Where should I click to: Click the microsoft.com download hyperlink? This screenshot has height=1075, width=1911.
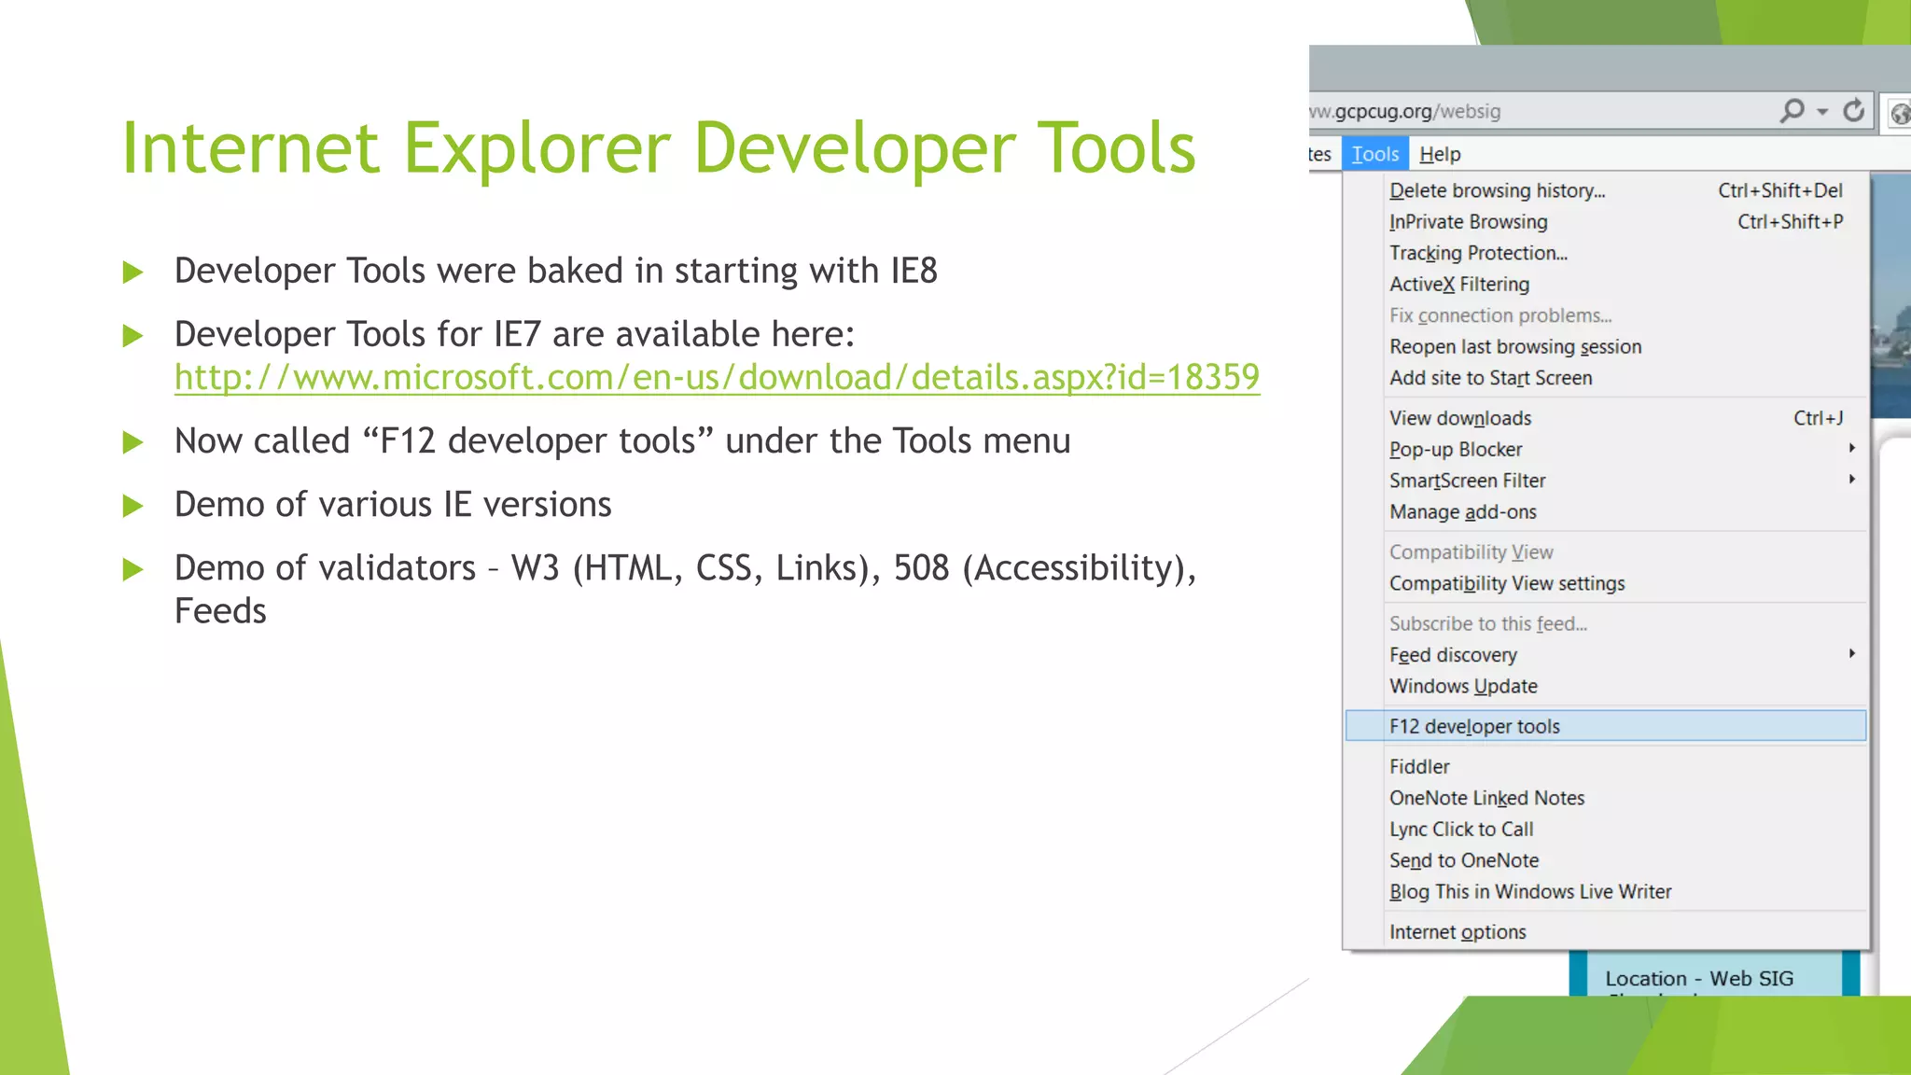pos(717,378)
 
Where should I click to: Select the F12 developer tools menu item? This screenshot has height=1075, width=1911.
pos(1474,726)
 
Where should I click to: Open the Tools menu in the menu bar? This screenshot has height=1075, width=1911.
pos(1374,154)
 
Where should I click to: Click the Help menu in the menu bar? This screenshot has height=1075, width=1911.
pos(1440,154)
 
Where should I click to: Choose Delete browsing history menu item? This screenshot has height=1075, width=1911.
pos(1497,190)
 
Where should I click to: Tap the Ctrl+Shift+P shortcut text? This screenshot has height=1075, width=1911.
pos(1790,222)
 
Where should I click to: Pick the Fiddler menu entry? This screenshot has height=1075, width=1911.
pos(1419,767)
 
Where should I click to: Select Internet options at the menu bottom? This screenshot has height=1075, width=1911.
pos(1458,932)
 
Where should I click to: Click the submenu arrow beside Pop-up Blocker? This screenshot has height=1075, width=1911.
pos(1852,448)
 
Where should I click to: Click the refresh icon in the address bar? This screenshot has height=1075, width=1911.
pos(1853,111)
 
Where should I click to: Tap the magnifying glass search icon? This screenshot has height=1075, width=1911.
pos(1792,111)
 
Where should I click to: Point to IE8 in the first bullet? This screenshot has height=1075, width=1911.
pos(914,271)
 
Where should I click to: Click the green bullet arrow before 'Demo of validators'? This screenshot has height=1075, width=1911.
pos(133,569)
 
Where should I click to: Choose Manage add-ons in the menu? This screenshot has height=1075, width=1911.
pos(1462,512)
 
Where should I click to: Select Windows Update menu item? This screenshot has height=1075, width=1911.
pos(1463,687)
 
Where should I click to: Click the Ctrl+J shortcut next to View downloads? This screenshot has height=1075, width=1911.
pos(1818,418)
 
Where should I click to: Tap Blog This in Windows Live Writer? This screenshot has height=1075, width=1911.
pos(1530,892)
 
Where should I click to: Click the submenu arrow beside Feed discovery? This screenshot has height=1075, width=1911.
pos(1852,653)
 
